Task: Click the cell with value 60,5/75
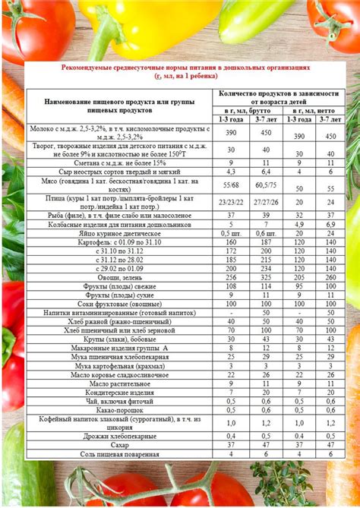(x=266, y=185)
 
